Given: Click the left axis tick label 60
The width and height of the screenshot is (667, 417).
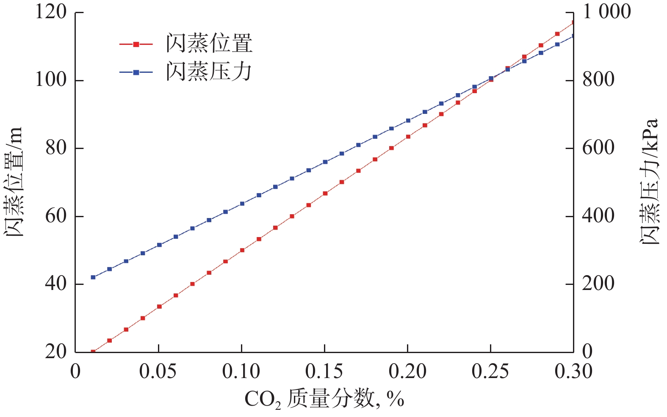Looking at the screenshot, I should click(56, 216).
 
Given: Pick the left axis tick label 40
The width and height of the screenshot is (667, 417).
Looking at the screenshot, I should click(56, 284).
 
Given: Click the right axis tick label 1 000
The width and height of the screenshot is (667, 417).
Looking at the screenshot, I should click(607, 12).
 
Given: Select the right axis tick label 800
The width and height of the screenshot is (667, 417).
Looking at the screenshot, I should click(598, 80).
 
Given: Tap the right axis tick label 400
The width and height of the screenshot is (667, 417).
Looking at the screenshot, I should click(598, 216).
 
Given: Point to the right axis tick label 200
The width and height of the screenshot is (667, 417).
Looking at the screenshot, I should click(598, 284).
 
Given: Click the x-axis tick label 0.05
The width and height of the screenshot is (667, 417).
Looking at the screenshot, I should click(158, 372).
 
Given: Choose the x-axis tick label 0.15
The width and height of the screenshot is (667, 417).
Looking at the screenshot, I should click(324, 372).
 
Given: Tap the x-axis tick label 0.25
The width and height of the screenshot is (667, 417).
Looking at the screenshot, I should click(490, 372).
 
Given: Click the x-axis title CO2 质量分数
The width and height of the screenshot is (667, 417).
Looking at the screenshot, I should click(324, 399).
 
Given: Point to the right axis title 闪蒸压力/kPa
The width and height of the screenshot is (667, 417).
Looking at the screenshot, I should click(649, 182).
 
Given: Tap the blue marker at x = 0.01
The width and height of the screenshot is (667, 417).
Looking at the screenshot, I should click(93, 277).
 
